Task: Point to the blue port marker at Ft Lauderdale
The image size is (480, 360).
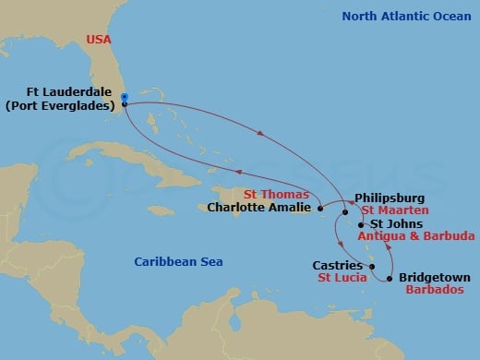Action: [124, 97]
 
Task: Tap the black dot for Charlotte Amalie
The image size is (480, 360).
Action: [320, 210]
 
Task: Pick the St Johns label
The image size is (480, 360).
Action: [396, 223]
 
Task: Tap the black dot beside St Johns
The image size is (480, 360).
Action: [361, 223]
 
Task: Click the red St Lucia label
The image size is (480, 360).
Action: [340, 277]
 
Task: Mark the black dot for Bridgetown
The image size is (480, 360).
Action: [390, 279]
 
